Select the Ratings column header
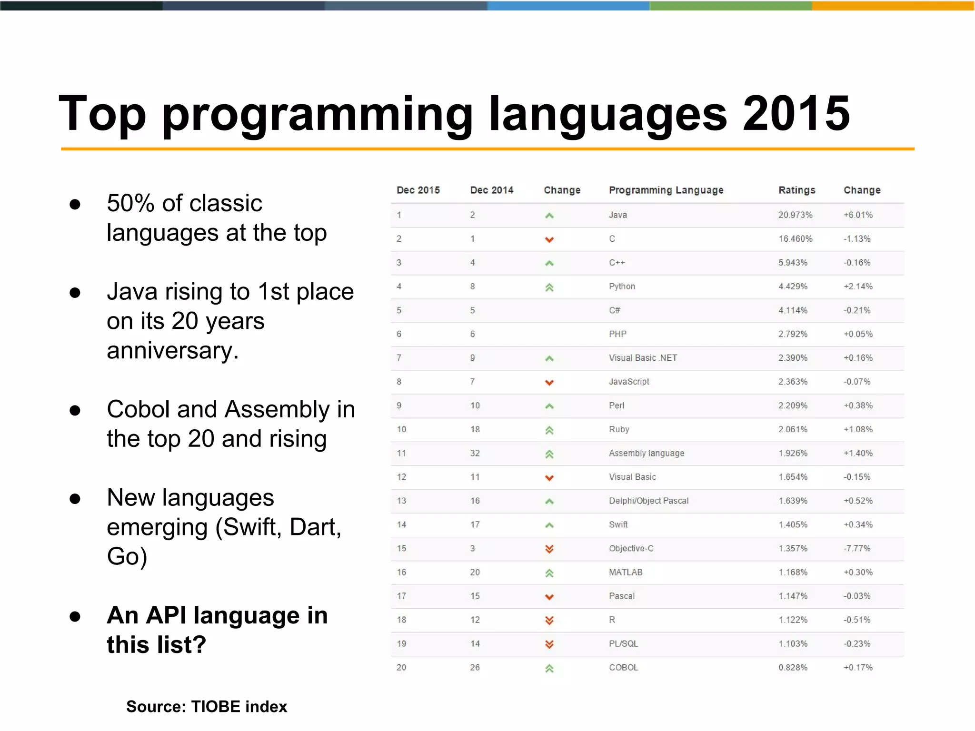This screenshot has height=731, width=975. pyautogui.click(x=796, y=190)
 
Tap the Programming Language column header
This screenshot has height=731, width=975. pyautogui.click(x=666, y=190)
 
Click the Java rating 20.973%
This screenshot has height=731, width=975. pyautogui.click(x=795, y=215)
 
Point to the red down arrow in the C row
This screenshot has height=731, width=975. pyautogui.click(x=549, y=239)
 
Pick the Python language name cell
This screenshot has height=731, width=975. pyautogui.click(x=622, y=286)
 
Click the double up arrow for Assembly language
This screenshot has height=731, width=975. pyautogui.click(x=549, y=454)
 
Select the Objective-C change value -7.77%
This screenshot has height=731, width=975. pyautogui.click(x=856, y=548)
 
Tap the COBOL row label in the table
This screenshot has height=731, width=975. pyautogui.click(x=623, y=667)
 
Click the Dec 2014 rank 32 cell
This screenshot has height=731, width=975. pyautogui.click(x=475, y=453)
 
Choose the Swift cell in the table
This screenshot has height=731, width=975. pyautogui.click(x=618, y=524)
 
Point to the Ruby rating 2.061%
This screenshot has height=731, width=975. pyautogui.click(x=793, y=429)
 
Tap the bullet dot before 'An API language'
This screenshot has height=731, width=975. pyautogui.click(x=75, y=617)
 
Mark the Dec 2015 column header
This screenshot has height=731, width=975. pyautogui.click(x=418, y=190)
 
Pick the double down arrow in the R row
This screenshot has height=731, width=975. pyautogui.click(x=549, y=621)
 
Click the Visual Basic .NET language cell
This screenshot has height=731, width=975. pyautogui.click(x=643, y=358)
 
